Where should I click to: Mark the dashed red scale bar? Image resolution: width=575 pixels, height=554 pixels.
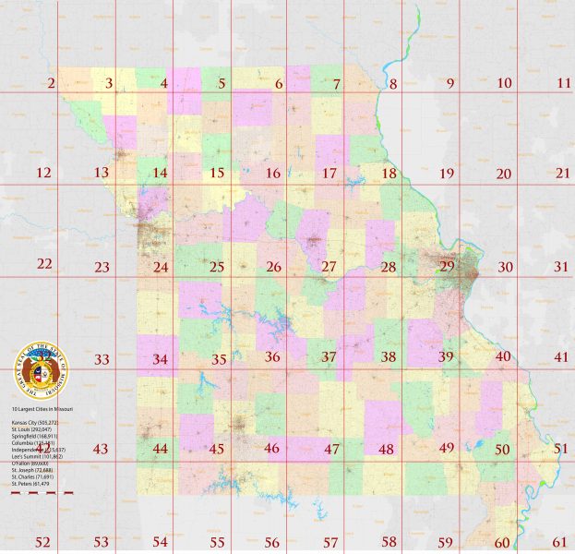point(42,493)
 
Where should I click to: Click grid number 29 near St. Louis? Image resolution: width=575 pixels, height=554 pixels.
point(447,266)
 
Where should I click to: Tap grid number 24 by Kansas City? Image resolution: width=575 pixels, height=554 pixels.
point(161,268)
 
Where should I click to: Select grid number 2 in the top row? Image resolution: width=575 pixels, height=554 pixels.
point(51,84)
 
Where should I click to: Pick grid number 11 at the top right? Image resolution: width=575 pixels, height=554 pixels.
point(564,83)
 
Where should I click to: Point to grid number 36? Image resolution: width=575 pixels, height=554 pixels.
point(272,357)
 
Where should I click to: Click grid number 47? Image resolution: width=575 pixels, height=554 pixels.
point(331,449)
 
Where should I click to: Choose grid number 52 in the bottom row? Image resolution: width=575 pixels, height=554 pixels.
point(42,541)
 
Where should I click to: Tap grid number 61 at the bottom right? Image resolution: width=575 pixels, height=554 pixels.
point(560,541)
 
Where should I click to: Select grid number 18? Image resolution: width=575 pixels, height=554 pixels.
point(389,174)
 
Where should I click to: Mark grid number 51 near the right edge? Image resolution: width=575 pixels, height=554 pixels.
point(560,449)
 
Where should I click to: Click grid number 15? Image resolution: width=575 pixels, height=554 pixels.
point(217,173)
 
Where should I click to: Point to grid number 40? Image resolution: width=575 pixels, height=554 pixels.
point(503,356)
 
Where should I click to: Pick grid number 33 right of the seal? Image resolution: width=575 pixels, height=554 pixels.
point(102,359)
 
